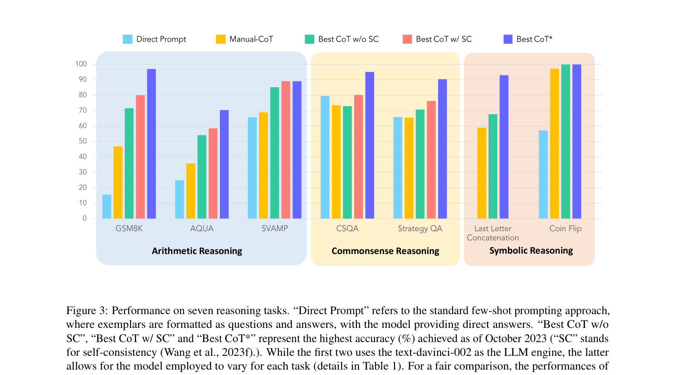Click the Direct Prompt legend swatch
point(128,39)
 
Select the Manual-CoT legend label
point(251,39)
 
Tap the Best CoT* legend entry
point(534,39)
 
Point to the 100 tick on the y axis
point(81,64)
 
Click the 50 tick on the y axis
point(83,141)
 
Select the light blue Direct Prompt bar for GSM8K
point(107,206)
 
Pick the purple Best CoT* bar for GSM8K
point(151,144)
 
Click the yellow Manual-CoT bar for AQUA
point(191,191)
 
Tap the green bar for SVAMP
point(275,153)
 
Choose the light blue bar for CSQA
point(325,157)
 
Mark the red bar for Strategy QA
point(431,160)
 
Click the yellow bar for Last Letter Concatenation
point(481,173)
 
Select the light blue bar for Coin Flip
point(543,174)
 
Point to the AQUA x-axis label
point(202,229)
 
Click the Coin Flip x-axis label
point(565,229)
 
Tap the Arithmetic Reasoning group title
point(197,251)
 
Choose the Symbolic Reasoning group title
point(531,251)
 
